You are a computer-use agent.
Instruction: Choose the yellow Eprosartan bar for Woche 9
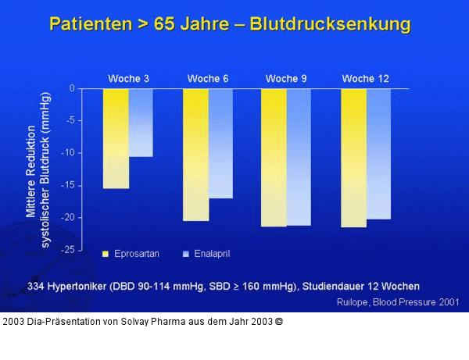point(274,157)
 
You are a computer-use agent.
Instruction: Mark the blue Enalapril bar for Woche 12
point(378,153)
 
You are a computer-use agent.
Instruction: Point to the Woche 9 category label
point(286,79)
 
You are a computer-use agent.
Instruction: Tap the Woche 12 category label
point(365,79)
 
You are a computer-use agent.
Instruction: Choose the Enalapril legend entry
point(206,255)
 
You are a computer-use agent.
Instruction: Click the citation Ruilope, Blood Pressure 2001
point(398,301)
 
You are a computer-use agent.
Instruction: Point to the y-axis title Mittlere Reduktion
point(30,170)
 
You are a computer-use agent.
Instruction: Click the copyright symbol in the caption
point(278,321)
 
